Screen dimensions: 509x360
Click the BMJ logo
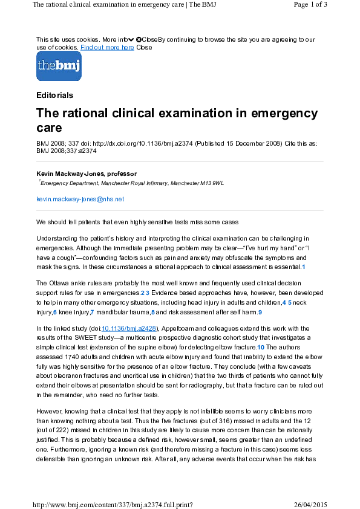coord(59,66)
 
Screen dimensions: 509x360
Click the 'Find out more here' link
coord(107,47)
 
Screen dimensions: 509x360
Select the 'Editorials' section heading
coord(54,95)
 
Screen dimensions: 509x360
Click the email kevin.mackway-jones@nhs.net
coord(80,199)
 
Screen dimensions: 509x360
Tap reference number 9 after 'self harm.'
coord(260,312)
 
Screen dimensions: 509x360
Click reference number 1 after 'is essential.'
coord(304,267)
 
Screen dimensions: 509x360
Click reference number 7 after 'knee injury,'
coord(92,312)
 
